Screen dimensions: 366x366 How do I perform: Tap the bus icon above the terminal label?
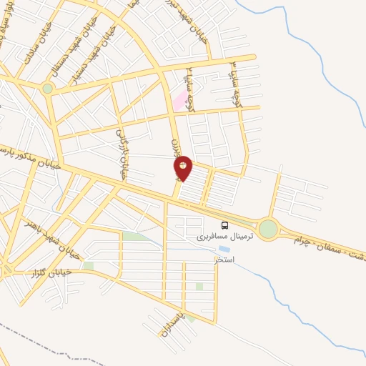(225, 226)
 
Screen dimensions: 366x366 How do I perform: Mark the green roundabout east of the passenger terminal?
(268, 229)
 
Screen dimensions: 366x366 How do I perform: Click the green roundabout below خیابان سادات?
(47, 89)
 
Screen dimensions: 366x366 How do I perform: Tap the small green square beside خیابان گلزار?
(88, 266)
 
